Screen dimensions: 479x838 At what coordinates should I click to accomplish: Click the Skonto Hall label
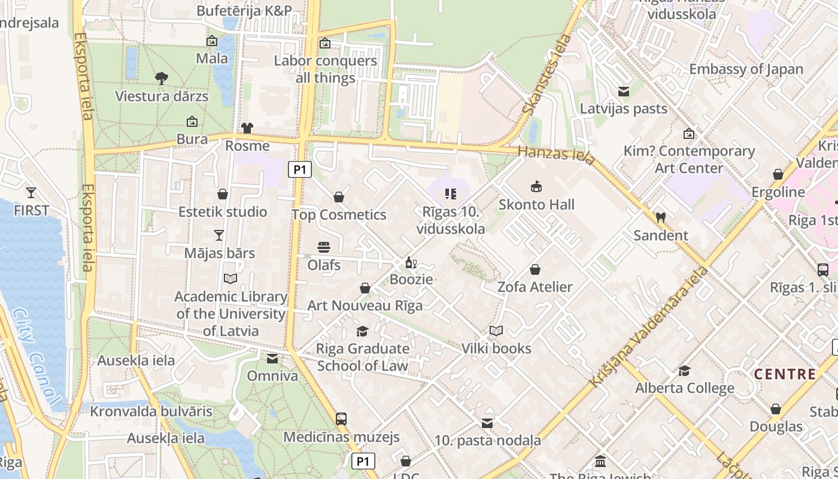tap(536, 205)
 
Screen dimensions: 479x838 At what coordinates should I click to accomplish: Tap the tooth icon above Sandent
tap(661, 218)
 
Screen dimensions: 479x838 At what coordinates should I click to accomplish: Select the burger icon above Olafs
tap(324, 247)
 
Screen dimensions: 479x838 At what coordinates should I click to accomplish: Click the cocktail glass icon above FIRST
tap(31, 193)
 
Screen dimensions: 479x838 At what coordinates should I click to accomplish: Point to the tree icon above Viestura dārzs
tap(161, 78)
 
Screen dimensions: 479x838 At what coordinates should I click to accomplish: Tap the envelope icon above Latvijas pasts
tap(624, 92)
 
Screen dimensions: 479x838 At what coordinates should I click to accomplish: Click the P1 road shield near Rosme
tap(300, 170)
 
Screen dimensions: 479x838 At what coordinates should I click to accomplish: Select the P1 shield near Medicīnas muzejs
tap(363, 461)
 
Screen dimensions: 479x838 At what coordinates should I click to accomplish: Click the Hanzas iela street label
tap(556, 155)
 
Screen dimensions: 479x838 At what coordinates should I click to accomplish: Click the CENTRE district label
tap(785, 375)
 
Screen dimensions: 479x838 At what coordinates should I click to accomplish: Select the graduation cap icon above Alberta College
tap(684, 371)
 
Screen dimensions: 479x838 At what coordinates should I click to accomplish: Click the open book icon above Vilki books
tap(496, 331)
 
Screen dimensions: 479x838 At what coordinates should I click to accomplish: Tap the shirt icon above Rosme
tap(247, 128)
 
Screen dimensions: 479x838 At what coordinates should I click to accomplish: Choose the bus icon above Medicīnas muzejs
tap(341, 419)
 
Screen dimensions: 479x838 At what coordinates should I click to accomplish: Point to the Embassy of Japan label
tap(746, 69)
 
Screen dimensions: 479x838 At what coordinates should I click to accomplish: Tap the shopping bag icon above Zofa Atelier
tap(535, 270)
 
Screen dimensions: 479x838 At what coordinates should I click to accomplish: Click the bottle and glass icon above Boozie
tap(411, 262)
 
